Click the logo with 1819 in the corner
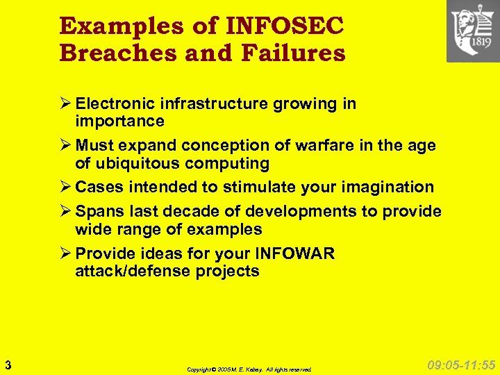472,31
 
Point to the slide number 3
7,364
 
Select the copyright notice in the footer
249,369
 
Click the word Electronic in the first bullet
115,104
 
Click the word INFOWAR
294,253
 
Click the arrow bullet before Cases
66,187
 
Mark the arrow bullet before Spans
66,212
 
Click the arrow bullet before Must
66,146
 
